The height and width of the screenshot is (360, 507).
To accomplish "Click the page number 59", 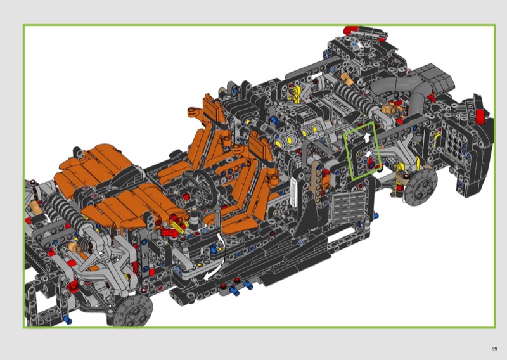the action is pos(494,349).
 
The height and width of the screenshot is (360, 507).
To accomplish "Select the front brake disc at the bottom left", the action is pos(133,310).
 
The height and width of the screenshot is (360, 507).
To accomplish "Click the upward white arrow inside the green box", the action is pos(366,138).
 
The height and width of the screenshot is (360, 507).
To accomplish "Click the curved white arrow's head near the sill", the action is pos(207,276).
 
